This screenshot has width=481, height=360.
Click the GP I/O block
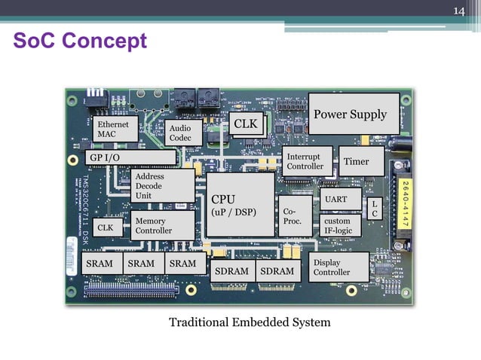click(x=130, y=157)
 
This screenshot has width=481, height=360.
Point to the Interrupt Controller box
click(x=305, y=161)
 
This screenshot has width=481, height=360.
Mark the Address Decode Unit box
click(x=161, y=185)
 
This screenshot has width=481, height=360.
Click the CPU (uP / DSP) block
click(x=240, y=206)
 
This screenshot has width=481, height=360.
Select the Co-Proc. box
click(x=292, y=217)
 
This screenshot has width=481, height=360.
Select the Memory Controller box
click(x=161, y=226)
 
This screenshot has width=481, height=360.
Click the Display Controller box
click(x=339, y=267)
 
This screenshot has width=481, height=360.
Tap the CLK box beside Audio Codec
click(x=245, y=124)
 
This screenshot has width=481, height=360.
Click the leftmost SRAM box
click(x=100, y=264)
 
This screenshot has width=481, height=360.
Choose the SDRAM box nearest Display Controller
click(x=277, y=271)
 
